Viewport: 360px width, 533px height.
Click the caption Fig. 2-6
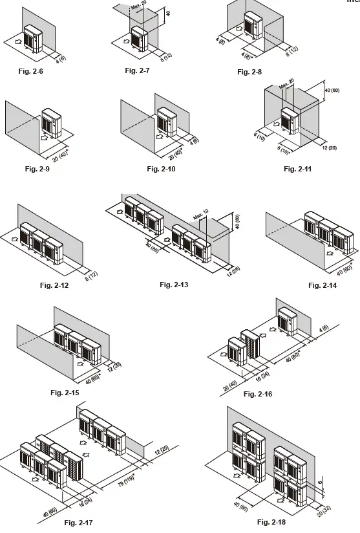[32, 72]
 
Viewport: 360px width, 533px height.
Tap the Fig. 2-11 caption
[297, 169]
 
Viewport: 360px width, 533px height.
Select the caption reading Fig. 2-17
[79, 522]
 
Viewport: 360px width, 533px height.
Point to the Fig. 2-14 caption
[323, 285]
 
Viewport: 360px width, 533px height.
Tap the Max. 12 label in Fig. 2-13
[201, 215]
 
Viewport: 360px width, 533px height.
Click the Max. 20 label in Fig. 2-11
[287, 84]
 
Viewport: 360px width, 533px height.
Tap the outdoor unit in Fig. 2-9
[51, 122]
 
